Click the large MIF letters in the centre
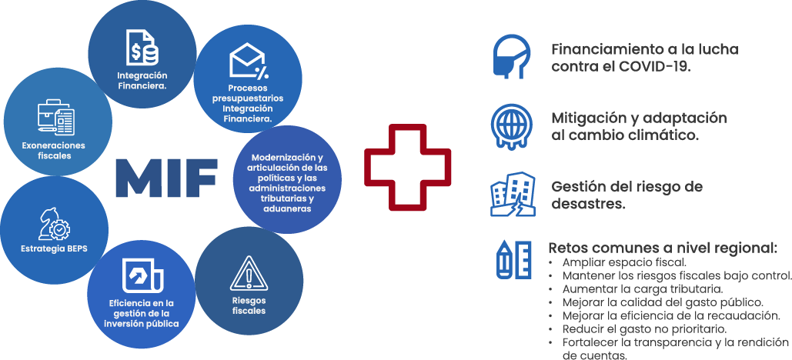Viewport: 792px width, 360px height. tap(165, 178)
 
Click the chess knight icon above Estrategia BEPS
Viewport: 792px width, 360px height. tap(55, 225)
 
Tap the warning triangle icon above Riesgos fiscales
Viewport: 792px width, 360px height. tap(248, 272)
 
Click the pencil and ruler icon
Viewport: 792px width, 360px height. tap(512, 259)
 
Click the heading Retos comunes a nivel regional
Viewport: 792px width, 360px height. tap(662, 248)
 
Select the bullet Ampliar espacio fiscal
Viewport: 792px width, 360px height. tap(624, 262)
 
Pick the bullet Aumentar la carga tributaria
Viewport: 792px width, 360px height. tap(643, 288)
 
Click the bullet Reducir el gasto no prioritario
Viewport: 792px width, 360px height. tap(645, 328)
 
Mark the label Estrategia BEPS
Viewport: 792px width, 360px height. tap(53, 249)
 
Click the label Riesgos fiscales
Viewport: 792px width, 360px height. tap(248, 305)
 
